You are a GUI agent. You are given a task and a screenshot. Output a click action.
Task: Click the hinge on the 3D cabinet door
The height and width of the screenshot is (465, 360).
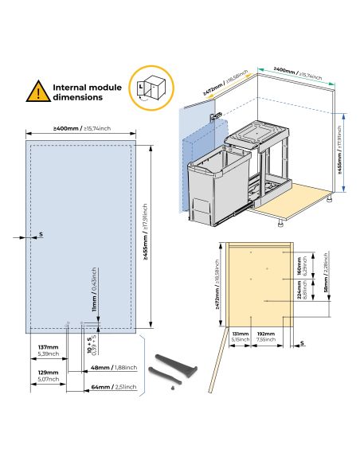pos(215,116)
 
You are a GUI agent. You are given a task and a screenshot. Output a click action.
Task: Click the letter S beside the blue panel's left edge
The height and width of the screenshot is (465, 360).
pos(41,236)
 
